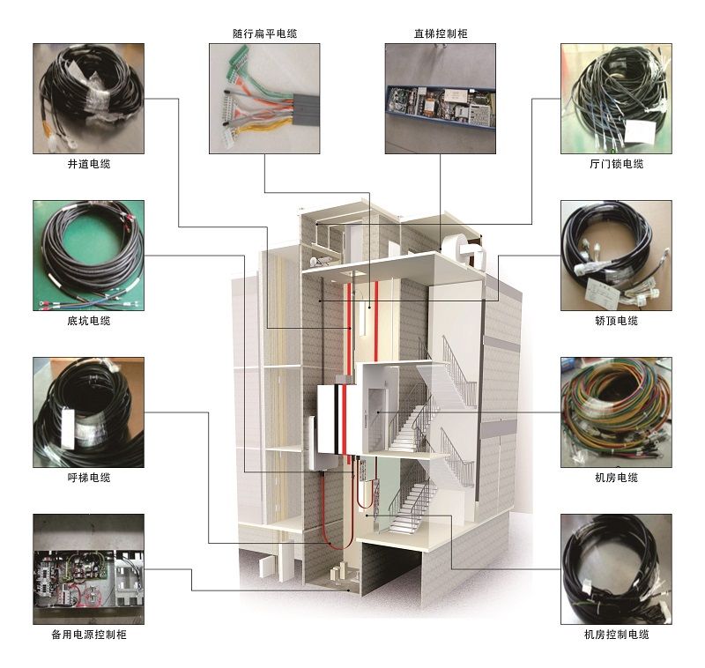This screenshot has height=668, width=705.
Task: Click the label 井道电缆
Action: (89, 164)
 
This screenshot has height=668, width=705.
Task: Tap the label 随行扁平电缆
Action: (265, 33)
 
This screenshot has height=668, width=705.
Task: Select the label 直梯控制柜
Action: (441, 33)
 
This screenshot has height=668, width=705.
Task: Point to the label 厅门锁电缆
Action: (616, 164)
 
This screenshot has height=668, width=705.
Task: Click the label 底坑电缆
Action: (89, 321)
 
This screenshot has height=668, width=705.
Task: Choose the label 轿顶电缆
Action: (616, 321)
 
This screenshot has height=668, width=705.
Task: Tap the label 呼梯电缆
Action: (89, 478)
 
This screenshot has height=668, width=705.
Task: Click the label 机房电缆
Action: (616, 478)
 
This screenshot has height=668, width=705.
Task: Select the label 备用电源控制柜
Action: (89, 635)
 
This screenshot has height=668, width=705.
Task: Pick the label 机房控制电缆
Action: (616, 635)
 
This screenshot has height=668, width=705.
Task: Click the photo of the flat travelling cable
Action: (264, 99)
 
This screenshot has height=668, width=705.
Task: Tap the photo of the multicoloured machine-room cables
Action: (616, 412)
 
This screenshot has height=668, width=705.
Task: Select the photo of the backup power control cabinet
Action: (89, 569)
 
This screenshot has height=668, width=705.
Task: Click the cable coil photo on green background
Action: (89, 256)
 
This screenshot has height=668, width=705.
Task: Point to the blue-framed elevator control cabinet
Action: (442, 107)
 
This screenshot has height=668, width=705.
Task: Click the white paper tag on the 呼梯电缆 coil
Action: (68, 427)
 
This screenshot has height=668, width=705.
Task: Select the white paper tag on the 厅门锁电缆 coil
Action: (641, 130)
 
